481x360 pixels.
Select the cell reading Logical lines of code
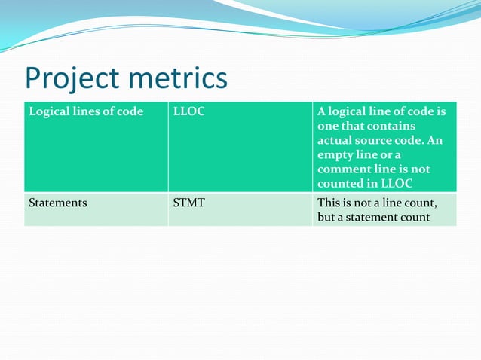click(x=85, y=112)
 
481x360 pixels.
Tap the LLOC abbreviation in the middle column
click(x=189, y=112)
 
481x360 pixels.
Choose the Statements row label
click(x=57, y=203)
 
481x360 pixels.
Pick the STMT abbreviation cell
click(x=188, y=203)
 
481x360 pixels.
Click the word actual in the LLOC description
click(x=335, y=141)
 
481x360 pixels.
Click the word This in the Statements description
click(x=329, y=203)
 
